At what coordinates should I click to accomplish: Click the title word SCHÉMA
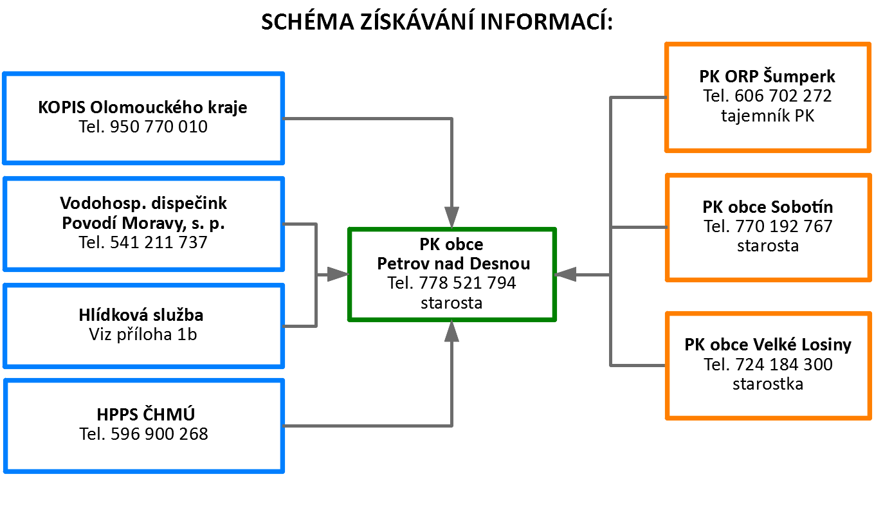(x=307, y=21)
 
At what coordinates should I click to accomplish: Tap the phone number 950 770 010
(x=159, y=127)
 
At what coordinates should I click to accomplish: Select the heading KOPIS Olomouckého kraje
(x=143, y=107)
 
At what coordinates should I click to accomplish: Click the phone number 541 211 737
(x=159, y=242)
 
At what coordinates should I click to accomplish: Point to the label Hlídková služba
(x=141, y=315)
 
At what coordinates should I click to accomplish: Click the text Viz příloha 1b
(x=143, y=334)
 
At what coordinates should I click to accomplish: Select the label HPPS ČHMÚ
(x=146, y=414)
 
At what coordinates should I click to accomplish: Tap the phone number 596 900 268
(x=159, y=434)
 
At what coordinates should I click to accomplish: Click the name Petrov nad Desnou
(x=453, y=264)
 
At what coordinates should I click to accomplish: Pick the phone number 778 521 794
(x=468, y=283)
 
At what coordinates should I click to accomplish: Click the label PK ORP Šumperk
(x=767, y=77)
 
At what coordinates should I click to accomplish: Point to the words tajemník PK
(x=767, y=116)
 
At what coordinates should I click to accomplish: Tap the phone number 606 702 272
(x=783, y=96)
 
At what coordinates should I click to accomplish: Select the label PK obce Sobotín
(x=767, y=207)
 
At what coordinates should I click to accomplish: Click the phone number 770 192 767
(x=784, y=226)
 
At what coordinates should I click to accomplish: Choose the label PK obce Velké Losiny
(x=768, y=345)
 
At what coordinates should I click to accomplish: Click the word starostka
(x=768, y=384)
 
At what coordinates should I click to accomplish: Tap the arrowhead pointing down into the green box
(x=451, y=217)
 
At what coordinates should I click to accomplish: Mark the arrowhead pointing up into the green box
(x=451, y=331)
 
